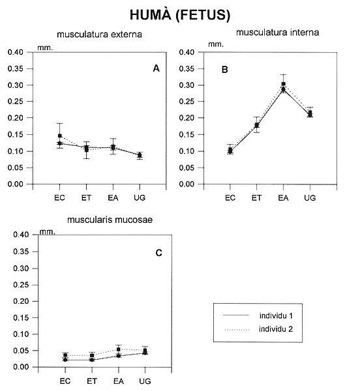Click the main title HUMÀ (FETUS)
[x=180, y=15]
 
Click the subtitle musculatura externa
[x=100, y=34]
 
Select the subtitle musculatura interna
[x=277, y=33]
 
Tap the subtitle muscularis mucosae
[x=110, y=220]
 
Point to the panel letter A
[x=156, y=68]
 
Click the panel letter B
[x=225, y=70]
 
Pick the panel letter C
[x=158, y=253]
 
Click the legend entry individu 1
[x=276, y=315]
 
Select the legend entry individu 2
[x=276, y=329]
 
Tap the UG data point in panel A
[x=140, y=155]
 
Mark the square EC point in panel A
[x=60, y=136]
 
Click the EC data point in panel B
[x=230, y=151]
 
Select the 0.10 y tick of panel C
[x=21, y=334]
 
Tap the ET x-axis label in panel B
[x=257, y=198]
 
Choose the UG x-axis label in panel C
[x=145, y=381]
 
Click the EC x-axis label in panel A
[x=59, y=198]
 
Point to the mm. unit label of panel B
[x=216, y=44]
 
